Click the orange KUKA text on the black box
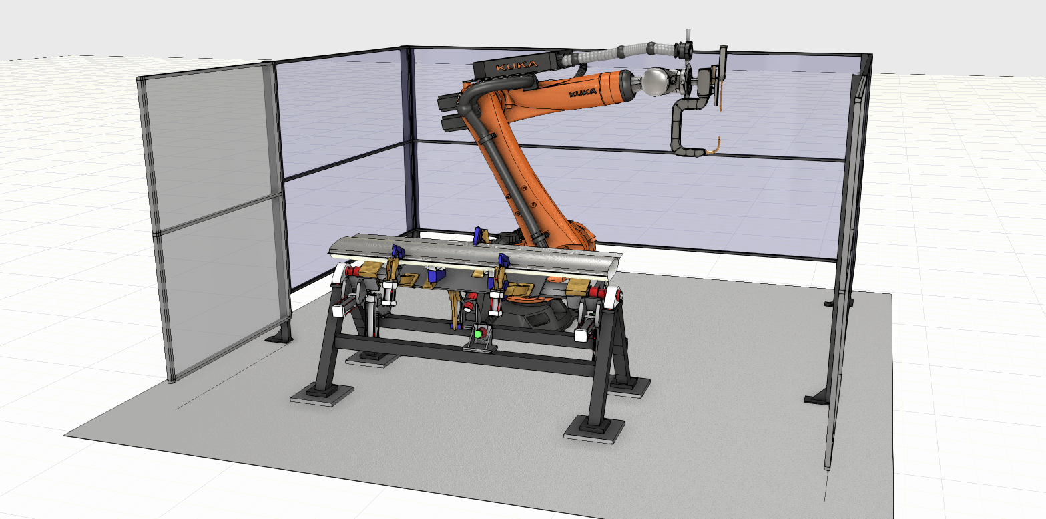tap(517, 66)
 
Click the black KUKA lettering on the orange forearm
tap(583, 92)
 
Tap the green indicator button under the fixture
tap(478, 335)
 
